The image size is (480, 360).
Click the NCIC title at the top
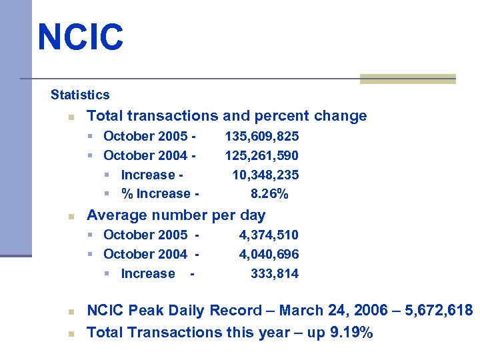click(x=81, y=37)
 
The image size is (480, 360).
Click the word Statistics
click(x=80, y=95)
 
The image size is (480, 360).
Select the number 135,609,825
click(x=262, y=137)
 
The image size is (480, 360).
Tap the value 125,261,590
click(x=262, y=156)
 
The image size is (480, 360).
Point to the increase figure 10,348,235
click(x=265, y=175)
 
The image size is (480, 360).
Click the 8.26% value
click(x=269, y=194)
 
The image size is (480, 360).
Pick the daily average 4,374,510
click(x=269, y=235)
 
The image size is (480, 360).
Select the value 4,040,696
click(x=269, y=255)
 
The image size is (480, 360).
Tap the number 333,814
click(x=275, y=274)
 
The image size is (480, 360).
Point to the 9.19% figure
click(x=351, y=332)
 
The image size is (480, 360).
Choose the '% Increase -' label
click(x=159, y=194)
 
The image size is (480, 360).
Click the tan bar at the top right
click(x=408, y=79)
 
